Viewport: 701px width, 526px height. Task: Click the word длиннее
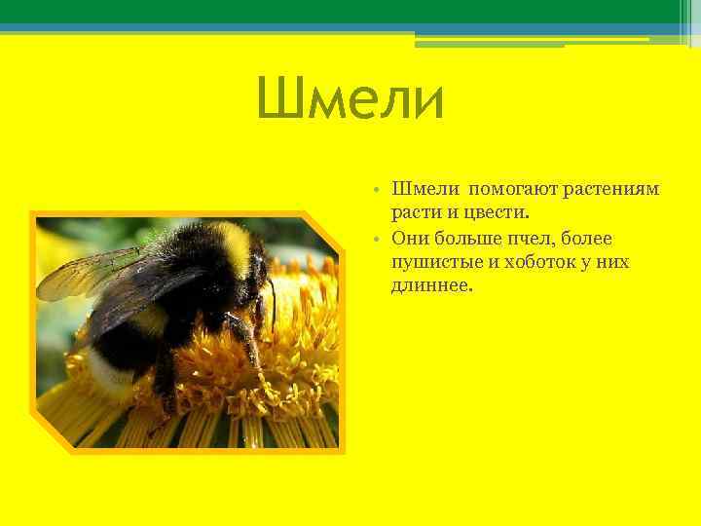click(430, 287)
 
